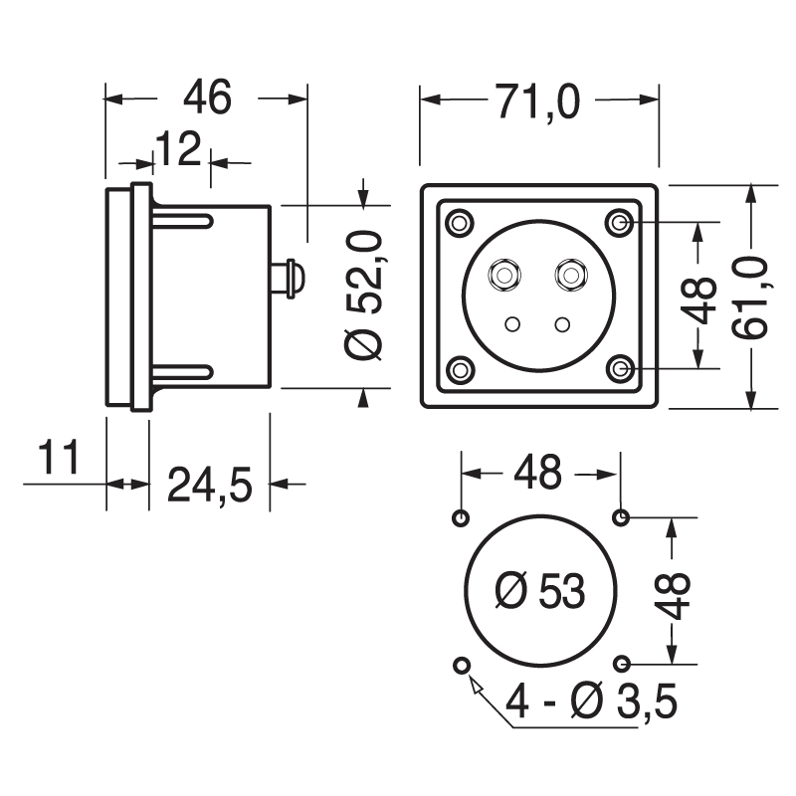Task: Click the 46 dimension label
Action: (208, 99)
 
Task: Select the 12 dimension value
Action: (178, 151)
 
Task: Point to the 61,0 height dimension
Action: (755, 297)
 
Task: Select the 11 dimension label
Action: (59, 461)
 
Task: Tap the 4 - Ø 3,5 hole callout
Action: (591, 703)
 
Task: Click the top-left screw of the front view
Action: (459, 222)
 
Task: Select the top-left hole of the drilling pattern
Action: (460, 517)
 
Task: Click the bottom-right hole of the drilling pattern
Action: (621, 664)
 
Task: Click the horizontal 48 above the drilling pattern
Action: (538, 473)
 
